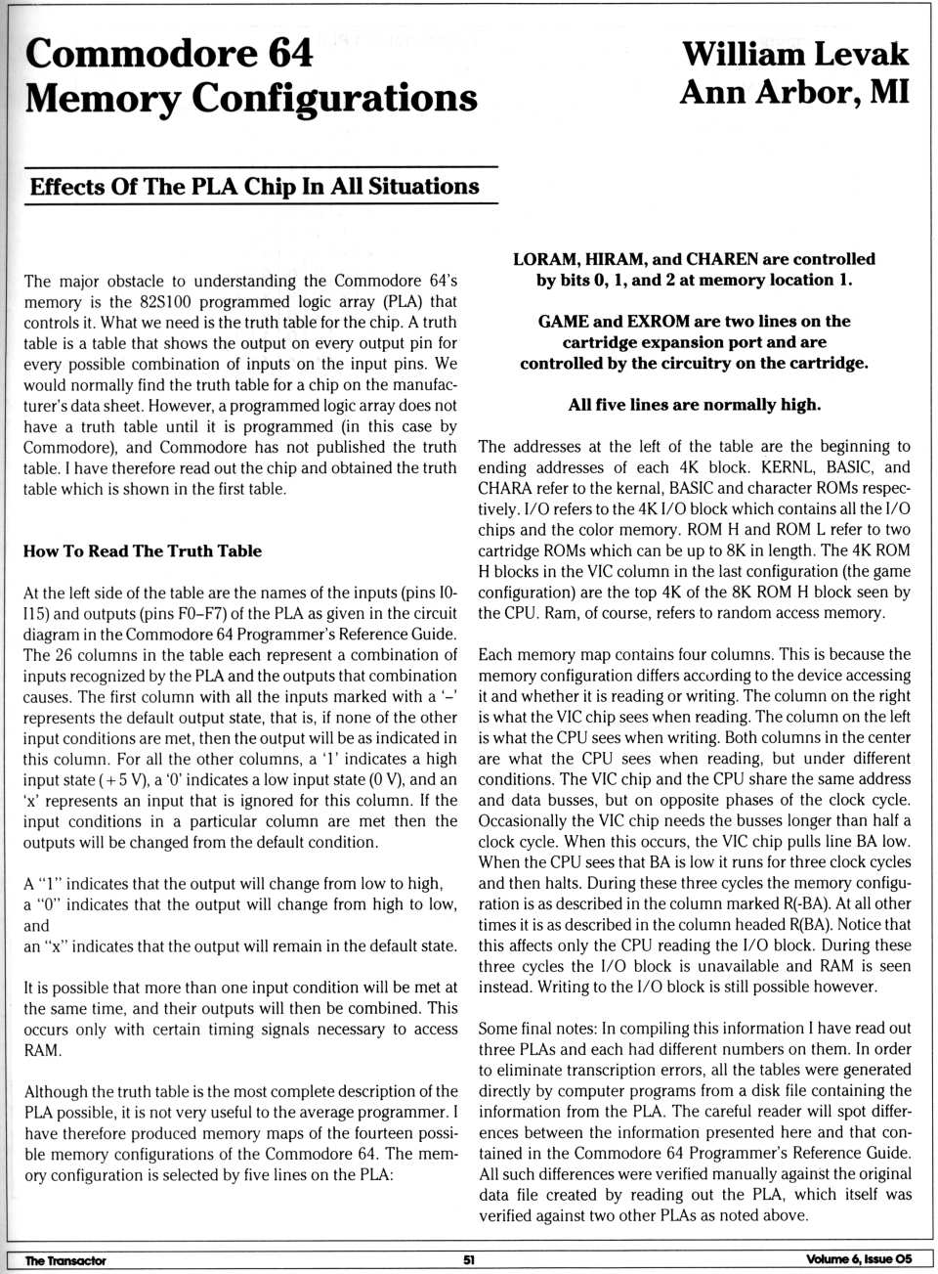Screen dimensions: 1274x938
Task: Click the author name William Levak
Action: (794, 54)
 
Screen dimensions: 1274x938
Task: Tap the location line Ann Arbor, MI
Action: (794, 93)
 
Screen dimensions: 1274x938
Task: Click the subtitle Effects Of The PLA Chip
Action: (254, 186)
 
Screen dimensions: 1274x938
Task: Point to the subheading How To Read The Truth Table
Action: (143, 550)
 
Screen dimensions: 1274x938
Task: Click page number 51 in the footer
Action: (469, 1260)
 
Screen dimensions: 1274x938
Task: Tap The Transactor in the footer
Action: (64, 1260)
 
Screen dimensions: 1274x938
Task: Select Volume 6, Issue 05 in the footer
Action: (859, 1259)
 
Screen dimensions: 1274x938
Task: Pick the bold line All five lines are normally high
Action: (694, 405)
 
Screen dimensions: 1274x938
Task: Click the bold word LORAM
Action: (545, 259)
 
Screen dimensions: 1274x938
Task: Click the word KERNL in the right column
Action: (781, 467)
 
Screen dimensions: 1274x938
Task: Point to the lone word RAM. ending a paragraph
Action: (43, 1051)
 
